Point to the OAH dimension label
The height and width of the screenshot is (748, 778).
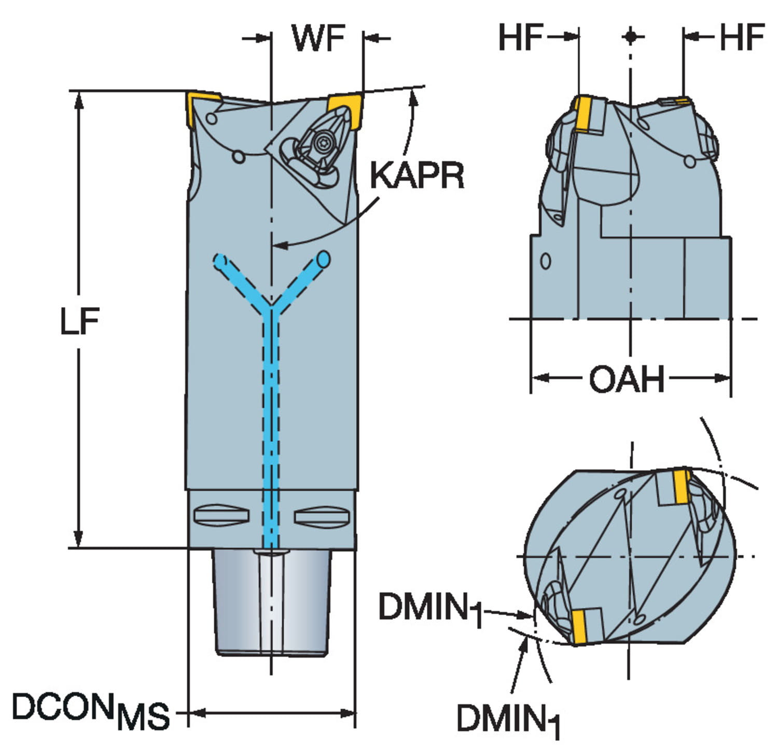tap(627, 379)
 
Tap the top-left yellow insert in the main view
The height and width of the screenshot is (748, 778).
tap(200, 106)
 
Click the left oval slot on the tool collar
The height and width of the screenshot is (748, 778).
tap(221, 515)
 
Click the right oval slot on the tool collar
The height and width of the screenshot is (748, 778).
tap(321, 516)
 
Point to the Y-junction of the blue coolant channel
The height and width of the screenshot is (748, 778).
tap(270, 306)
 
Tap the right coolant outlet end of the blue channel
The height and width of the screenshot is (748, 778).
tap(324, 259)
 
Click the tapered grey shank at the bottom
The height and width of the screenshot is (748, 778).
tap(272, 602)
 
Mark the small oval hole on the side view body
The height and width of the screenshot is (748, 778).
tap(545, 260)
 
